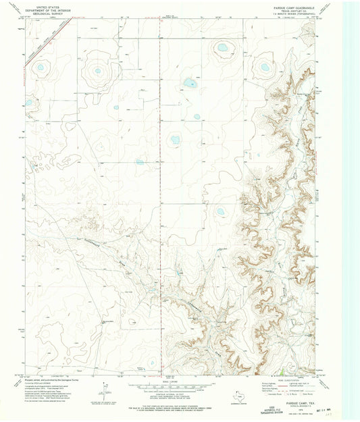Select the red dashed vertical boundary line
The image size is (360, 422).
[161, 101]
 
